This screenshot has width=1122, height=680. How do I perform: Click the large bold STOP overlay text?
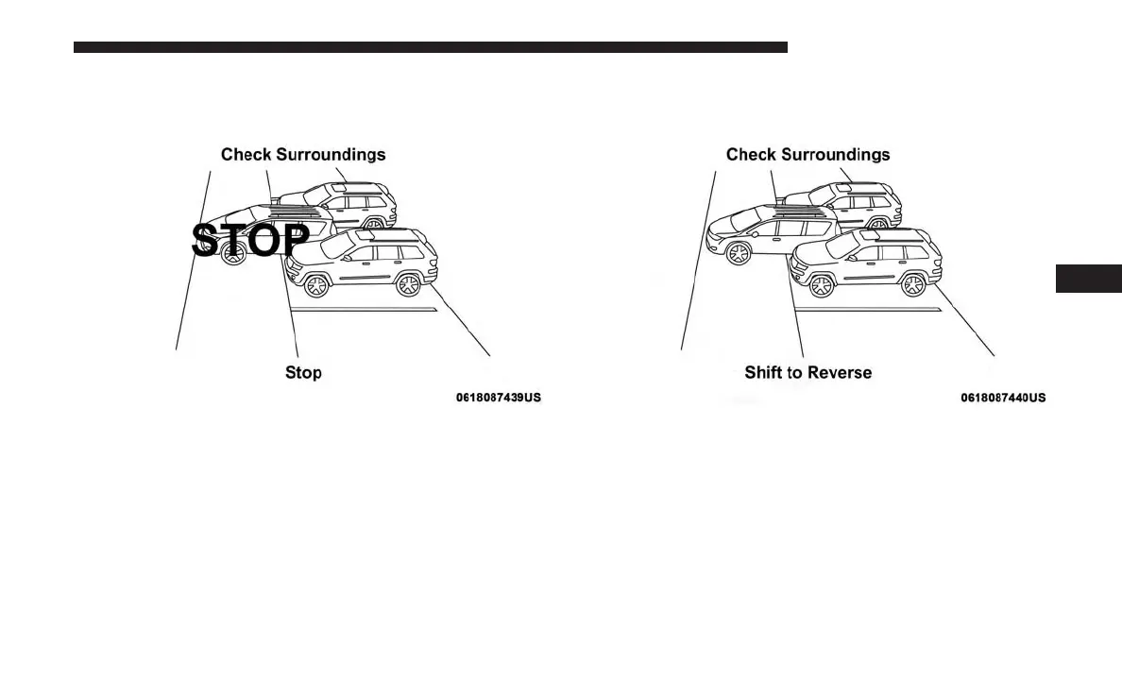[x=250, y=240]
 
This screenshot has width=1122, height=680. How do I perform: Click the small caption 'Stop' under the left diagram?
[x=303, y=372]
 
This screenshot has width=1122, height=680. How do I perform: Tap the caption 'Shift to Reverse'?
[x=807, y=372]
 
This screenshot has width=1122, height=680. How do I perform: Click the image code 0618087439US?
[x=499, y=398]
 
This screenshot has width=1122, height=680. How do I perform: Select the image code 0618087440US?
[x=1003, y=398]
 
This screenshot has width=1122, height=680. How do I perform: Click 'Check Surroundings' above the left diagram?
[x=303, y=154]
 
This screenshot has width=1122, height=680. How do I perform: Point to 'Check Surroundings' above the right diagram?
[x=807, y=154]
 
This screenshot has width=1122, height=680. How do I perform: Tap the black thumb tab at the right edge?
[x=1088, y=280]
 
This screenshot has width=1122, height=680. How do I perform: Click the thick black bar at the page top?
[x=430, y=47]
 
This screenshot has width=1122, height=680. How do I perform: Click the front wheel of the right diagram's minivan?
[x=738, y=252]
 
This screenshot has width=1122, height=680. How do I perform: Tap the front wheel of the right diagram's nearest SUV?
[x=822, y=283]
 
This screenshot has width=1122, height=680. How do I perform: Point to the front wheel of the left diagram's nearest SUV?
[x=317, y=283]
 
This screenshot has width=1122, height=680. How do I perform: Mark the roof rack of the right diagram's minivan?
[x=803, y=214]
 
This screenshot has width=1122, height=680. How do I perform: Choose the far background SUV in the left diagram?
[x=359, y=201]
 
